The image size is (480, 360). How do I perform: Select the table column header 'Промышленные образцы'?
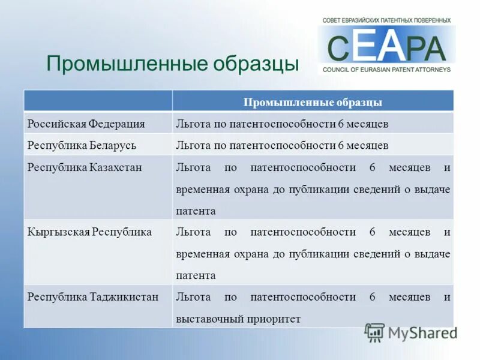pyautogui.click(x=313, y=102)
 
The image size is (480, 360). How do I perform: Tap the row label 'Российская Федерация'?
pyautogui.click(x=86, y=124)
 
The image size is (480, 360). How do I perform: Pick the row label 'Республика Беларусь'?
pyautogui.click(x=82, y=145)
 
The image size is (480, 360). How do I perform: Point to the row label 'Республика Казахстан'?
pyautogui.click(x=85, y=167)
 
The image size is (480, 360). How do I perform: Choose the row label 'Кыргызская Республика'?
pyautogui.click(x=89, y=232)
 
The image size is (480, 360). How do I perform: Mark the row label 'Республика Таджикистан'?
pyautogui.click(x=93, y=297)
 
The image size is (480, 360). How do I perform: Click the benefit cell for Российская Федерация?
pyautogui.click(x=282, y=124)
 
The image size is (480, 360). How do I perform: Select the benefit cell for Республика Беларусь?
pyautogui.click(x=282, y=145)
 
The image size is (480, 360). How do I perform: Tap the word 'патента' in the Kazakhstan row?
pyautogui.click(x=196, y=211)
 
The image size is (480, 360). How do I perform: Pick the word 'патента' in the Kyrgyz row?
pyautogui.click(x=196, y=276)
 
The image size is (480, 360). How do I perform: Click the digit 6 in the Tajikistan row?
pyautogui.click(x=372, y=297)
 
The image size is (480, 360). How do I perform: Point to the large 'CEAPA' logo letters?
pyautogui.click(x=387, y=47)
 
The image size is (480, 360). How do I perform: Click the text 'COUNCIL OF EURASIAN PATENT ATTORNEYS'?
pyautogui.click(x=386, y=70)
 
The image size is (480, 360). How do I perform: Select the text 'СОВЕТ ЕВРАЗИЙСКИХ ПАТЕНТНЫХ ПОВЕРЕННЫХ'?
pyautogui.click(x=386, y=20)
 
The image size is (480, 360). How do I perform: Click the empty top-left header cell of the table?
pyautogui.click(x=98, y=101)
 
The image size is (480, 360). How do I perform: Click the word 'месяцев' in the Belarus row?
pyautogui.click(x=367, y=145)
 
